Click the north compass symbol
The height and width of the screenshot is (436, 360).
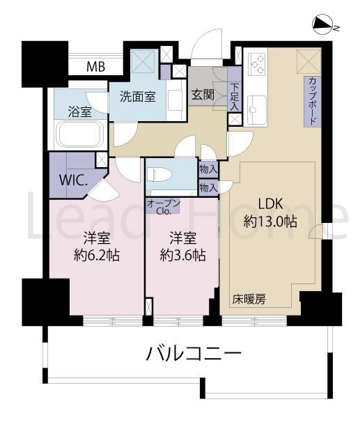[x=322, y=26]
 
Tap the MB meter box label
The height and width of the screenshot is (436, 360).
[x=95, y=66]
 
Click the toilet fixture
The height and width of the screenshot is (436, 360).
[x=159, y=175]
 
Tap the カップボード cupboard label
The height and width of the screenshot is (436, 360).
[x=313, y=102]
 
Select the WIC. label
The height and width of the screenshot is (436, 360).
[x=74, y=182]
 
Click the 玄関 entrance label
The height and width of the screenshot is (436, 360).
[x=203, y=95]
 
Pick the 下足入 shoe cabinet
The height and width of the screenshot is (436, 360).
[x=234, y=90]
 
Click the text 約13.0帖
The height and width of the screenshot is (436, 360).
[x=270, y=222]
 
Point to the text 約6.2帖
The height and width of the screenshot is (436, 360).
[x=97, y=255]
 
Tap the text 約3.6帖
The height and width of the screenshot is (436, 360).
[x=182, y=255]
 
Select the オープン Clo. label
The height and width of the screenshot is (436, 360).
[x=163, y=207]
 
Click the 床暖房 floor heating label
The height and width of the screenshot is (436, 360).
[x=249, y=299]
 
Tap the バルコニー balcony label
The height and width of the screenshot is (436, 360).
[x=194, y=354]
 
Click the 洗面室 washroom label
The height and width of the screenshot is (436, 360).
[x=138, y=97]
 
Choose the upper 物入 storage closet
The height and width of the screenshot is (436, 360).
[x=208, y=170]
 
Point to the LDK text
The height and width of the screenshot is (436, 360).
[x=270, y=204]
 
